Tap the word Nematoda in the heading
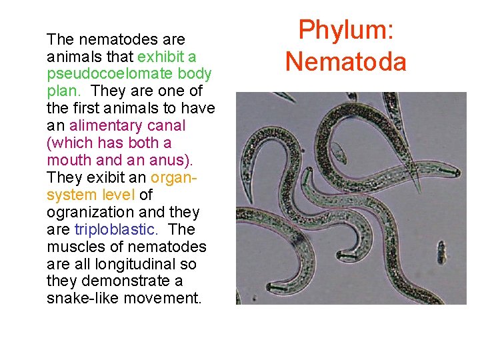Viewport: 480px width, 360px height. (345, 61)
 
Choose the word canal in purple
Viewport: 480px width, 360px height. (167, 125)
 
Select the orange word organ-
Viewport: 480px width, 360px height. (175, 177)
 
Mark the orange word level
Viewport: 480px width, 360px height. (117, 195)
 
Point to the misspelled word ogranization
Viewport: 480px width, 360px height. (93, 212)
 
